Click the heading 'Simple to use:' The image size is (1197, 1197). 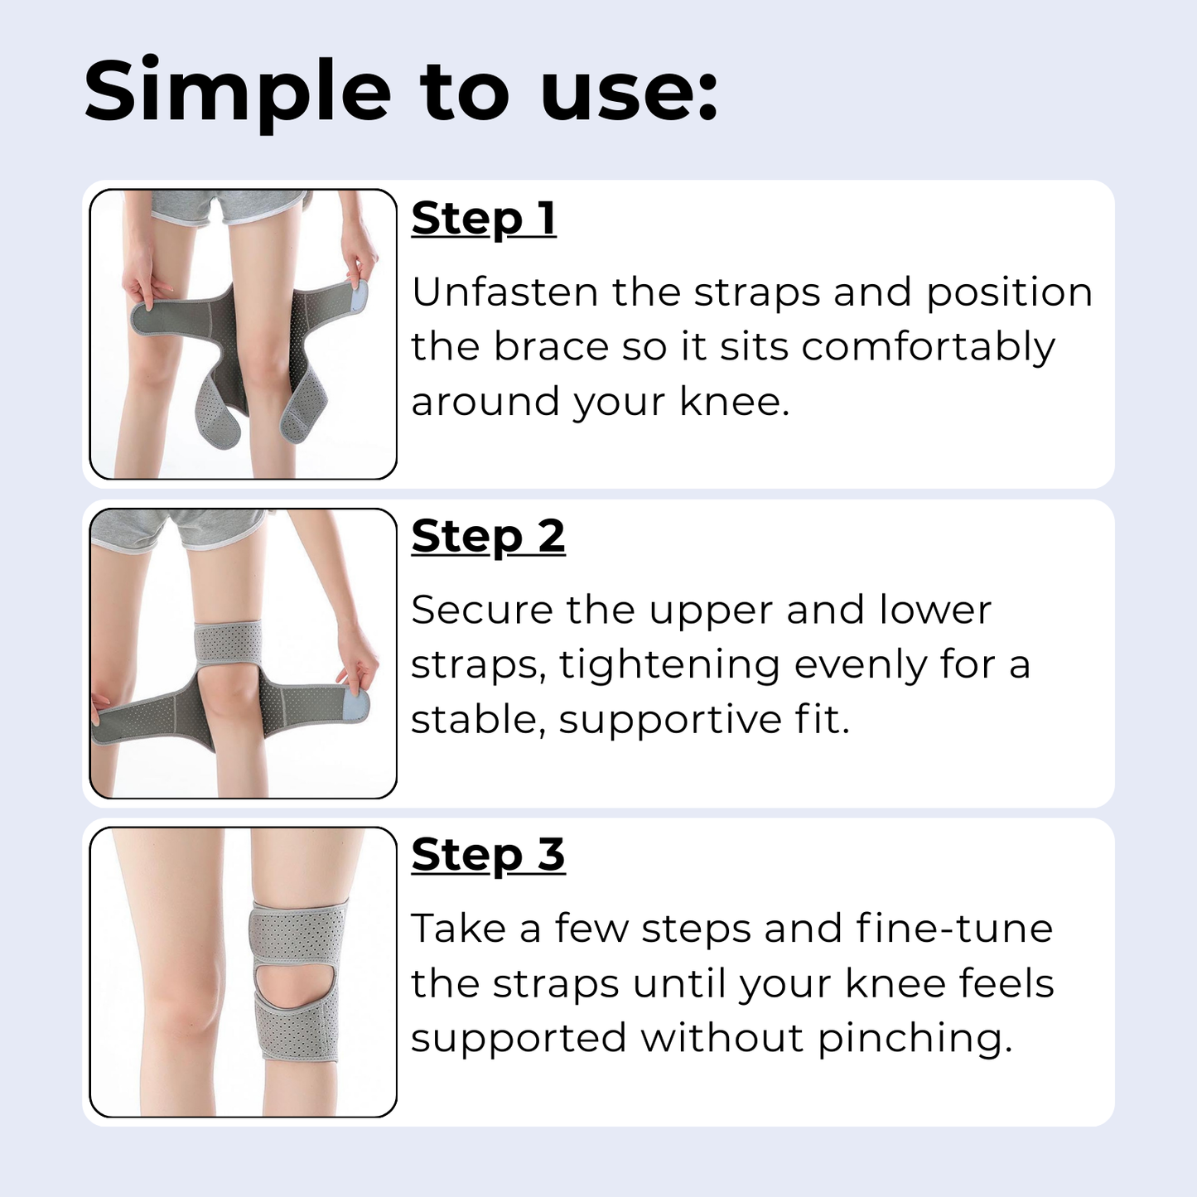pos(401,92)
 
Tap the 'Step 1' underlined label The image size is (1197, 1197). pos(484,219)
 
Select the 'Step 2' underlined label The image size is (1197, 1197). pos(488,537)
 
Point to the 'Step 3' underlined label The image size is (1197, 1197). pos(488,855)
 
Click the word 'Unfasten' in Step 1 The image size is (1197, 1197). pos(504,292)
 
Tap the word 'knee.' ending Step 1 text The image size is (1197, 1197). pos(734,402)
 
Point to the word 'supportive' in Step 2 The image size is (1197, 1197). pos(669,720)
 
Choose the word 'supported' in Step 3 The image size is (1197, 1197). pos(518,1039)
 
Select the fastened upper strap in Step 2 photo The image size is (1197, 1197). pos(228,642)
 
